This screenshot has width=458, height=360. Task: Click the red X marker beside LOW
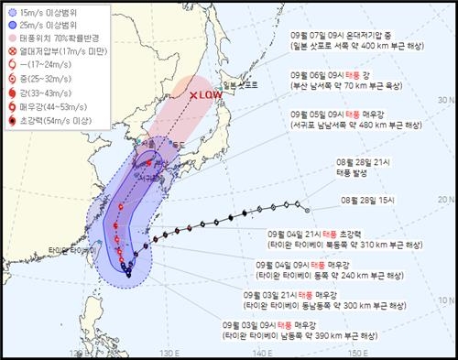193,94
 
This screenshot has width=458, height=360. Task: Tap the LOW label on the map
212,94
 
